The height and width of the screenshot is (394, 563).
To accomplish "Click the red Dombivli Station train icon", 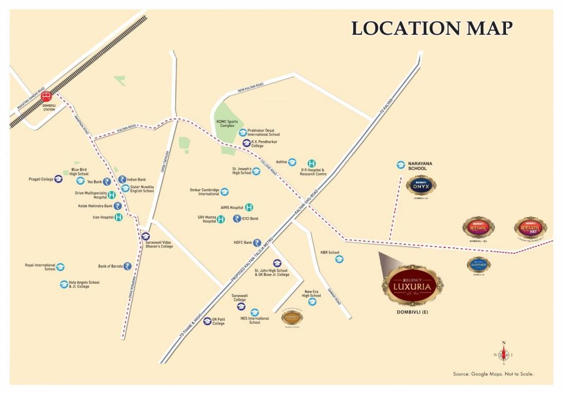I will pos(46,96).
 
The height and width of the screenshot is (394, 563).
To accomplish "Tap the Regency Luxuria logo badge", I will pos(413,285).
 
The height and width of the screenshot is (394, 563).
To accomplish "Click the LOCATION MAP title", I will pos(431,28).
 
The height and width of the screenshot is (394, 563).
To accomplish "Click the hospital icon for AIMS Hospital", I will pos(249,207).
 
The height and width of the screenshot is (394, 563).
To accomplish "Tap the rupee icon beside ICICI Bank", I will pos(237,219).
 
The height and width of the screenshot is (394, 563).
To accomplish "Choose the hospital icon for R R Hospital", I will pos(311,163).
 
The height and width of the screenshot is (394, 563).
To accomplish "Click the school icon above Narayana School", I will pos(401,165).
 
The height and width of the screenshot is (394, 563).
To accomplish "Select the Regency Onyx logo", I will pos(421,186).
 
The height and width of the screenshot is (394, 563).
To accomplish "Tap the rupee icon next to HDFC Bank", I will pos(257,243).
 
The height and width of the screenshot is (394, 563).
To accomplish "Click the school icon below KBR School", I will pos(339,259).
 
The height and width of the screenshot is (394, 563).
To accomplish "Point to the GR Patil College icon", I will pos(207,321).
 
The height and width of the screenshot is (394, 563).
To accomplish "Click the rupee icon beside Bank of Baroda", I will pos(127,266).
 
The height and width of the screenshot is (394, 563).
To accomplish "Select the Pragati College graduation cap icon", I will pos(59,179).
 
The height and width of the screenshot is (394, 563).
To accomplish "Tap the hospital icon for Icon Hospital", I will pos(118,217).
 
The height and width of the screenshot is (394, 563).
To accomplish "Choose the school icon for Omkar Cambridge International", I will pos(224,191).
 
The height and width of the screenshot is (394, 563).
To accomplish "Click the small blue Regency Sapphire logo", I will pos(478,264).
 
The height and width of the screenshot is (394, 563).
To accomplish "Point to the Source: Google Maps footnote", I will pos(493,374).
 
